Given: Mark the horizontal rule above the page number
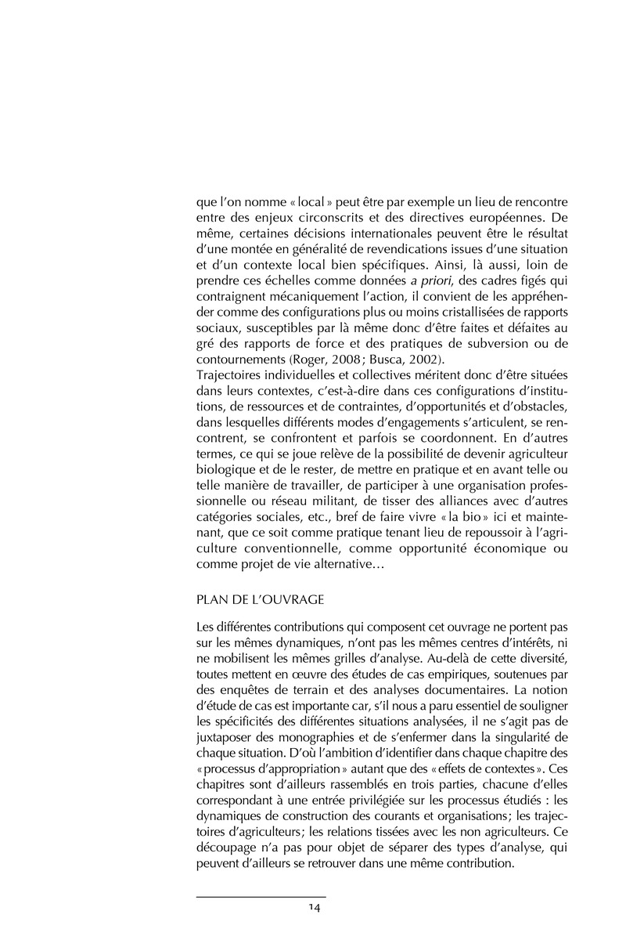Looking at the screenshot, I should click(261, 897).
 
